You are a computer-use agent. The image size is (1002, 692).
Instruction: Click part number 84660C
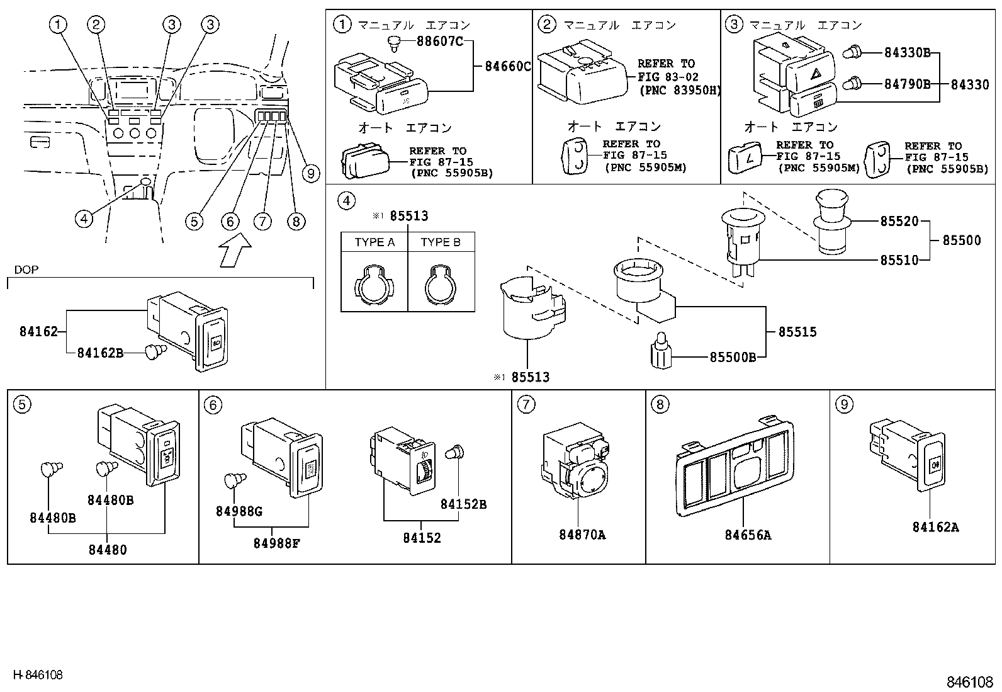507,66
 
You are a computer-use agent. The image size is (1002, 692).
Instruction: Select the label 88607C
440,42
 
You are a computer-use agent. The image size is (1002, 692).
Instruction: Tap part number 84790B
907,84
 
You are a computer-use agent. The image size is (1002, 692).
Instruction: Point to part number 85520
899,221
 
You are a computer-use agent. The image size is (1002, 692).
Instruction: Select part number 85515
797,332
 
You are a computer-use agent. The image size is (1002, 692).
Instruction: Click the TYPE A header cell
374,242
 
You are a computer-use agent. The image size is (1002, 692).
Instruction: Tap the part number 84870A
582,535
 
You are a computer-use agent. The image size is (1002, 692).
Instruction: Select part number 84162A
935,527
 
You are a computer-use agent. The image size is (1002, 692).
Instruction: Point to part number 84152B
463,504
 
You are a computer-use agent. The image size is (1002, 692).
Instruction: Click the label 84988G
239,511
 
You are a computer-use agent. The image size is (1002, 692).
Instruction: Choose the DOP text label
26,269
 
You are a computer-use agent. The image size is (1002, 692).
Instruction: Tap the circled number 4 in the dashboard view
84,218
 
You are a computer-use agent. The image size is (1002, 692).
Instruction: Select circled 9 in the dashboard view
310,173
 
